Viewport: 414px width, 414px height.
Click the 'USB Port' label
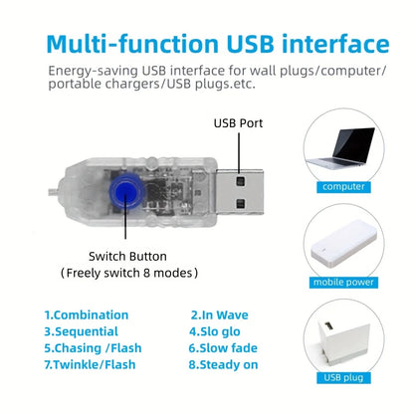[238, 124]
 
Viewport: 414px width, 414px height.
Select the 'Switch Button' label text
[128, 254]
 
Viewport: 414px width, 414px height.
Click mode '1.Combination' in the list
[86, 314]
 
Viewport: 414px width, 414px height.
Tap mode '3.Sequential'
[81, 331]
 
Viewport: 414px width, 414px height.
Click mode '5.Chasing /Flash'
[93, 348]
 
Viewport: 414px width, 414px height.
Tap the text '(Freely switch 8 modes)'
[129, 272]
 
